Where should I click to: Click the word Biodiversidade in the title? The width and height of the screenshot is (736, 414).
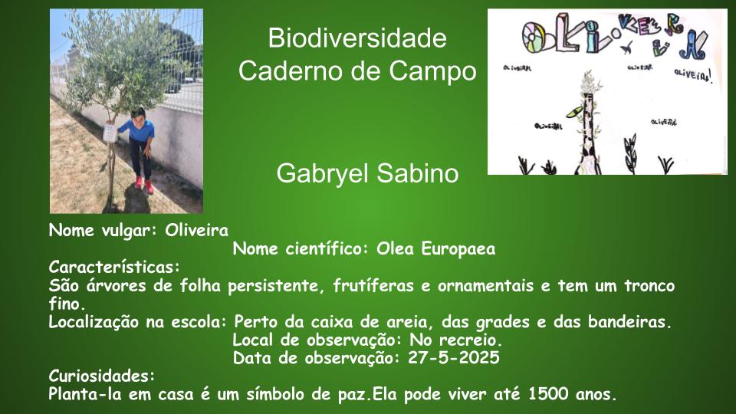coord(357,38)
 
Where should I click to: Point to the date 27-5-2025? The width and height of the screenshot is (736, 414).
coord(453,358)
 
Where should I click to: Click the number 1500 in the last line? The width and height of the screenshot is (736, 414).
coord(547,394)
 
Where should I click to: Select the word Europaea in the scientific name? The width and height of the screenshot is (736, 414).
coord(458,249)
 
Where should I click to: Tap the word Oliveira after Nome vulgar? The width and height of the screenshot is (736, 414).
coord(197,231)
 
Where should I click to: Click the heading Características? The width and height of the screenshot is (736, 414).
coord(114,267)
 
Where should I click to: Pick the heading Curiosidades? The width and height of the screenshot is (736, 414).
coord(101,376)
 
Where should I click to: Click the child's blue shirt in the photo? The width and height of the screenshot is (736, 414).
coord(137,130)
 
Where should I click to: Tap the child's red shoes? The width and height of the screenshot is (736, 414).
coord(144,184)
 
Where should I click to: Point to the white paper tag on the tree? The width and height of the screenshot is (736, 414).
coord(110,133)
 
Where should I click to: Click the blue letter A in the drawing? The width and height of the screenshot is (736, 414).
coord(694,44)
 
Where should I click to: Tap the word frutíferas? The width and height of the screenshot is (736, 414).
coord(373,285)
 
